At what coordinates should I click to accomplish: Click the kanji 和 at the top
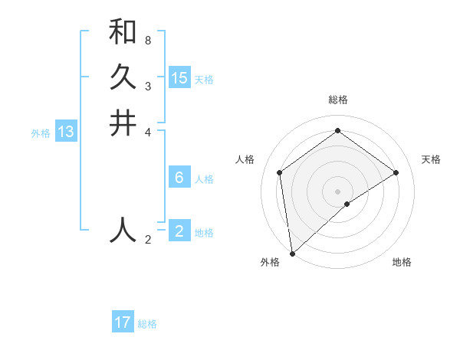pos(123,32)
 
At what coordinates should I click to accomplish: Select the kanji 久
pos(123,77)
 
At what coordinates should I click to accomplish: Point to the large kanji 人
pos(123,229)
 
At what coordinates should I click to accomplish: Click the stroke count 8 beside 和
pos(147,40)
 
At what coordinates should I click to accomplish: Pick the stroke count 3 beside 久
pos(147,86)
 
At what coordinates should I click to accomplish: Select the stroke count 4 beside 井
pos(147,131)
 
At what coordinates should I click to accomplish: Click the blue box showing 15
pos(179,78)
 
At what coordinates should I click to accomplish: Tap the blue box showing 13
pos(65,132)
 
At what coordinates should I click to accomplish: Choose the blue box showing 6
pos(179,178)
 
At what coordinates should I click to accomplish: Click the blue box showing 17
pos(123,322)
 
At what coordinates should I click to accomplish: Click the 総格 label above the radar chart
pos(338,100)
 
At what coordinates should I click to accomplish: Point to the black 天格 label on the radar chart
pos(431,159)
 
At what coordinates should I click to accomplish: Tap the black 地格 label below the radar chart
pos(402,262)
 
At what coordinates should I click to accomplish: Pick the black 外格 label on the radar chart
pos(270,262)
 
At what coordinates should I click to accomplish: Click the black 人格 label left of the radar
pos(245,159)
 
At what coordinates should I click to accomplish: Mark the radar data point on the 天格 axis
pos(396,172)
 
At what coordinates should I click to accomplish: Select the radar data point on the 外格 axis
pos(292,253)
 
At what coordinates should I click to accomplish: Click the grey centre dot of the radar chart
pos(338,191)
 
